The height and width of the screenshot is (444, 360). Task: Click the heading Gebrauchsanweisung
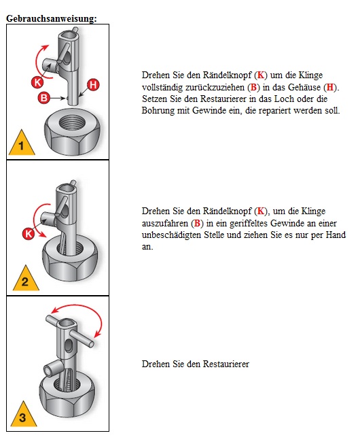pos(51,18)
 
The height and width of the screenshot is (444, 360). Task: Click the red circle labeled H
pos(93,85)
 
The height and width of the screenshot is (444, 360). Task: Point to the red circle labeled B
pos(44,98)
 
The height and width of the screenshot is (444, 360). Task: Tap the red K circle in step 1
pos(37,82)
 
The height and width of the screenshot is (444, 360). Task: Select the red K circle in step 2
pos(29,234)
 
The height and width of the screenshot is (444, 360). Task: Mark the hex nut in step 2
pos(70,259)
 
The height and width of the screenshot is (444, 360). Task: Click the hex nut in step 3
pos(67,394)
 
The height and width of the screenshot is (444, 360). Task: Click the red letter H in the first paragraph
pos(330,87)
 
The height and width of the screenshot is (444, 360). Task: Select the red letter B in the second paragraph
pos(197,224)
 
